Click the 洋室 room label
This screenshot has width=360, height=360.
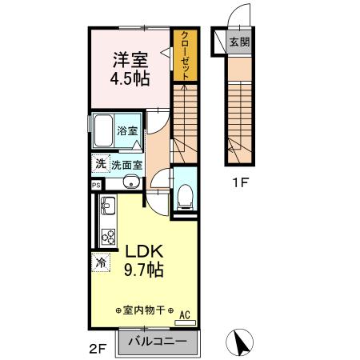128,59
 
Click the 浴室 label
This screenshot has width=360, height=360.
127,130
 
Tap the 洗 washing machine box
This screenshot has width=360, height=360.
99,164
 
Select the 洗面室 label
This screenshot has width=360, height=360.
126,165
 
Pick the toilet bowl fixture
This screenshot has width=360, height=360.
184,194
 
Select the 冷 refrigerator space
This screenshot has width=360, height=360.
101,260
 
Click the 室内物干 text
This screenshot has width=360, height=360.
145,310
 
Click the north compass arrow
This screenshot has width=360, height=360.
239,343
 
